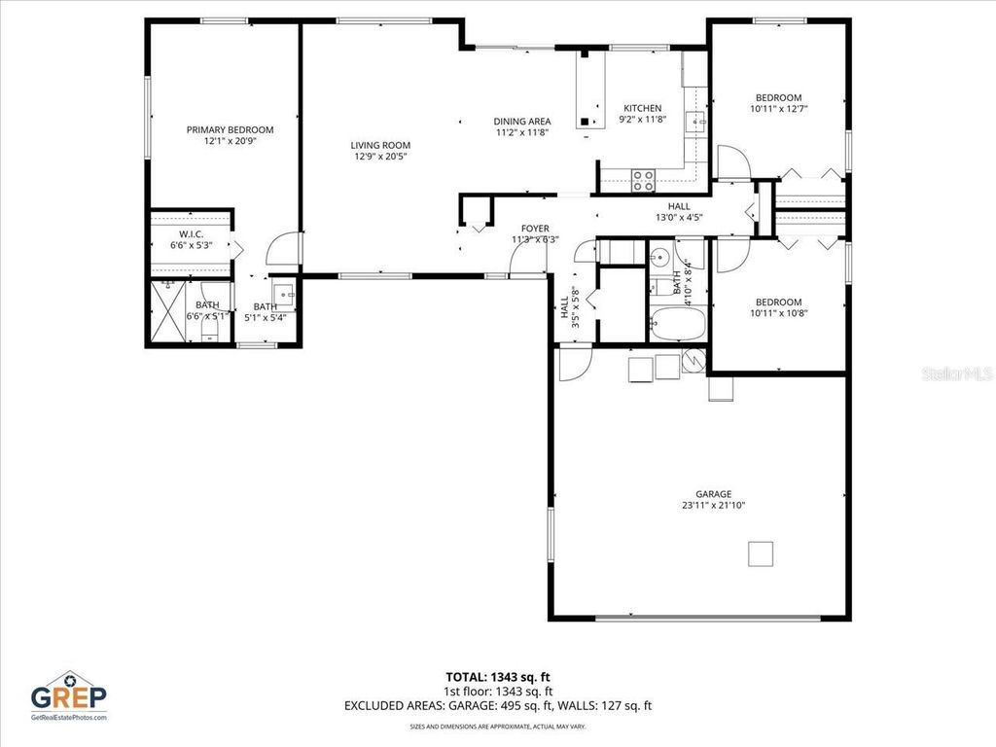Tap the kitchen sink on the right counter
pos(695,122)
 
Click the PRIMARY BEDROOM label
pos(230,129)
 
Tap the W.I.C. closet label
pos(190,233)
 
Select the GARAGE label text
pos(713,494)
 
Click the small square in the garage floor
pos(761,553)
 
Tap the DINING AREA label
pos(522,122)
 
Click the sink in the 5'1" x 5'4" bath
pos(283,291)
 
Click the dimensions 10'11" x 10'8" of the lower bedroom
pos(778,313)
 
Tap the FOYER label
pos(535,229)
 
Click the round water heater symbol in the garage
pos(694,360)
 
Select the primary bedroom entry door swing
pos(283,249)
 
